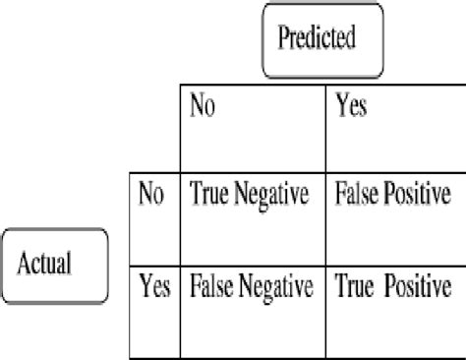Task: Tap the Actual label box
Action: pyautogui.click(x=56, y=266)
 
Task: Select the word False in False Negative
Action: pyautogui.click(x=211, y=288)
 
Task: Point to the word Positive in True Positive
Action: pyautogui.click(x=415, y=288)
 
